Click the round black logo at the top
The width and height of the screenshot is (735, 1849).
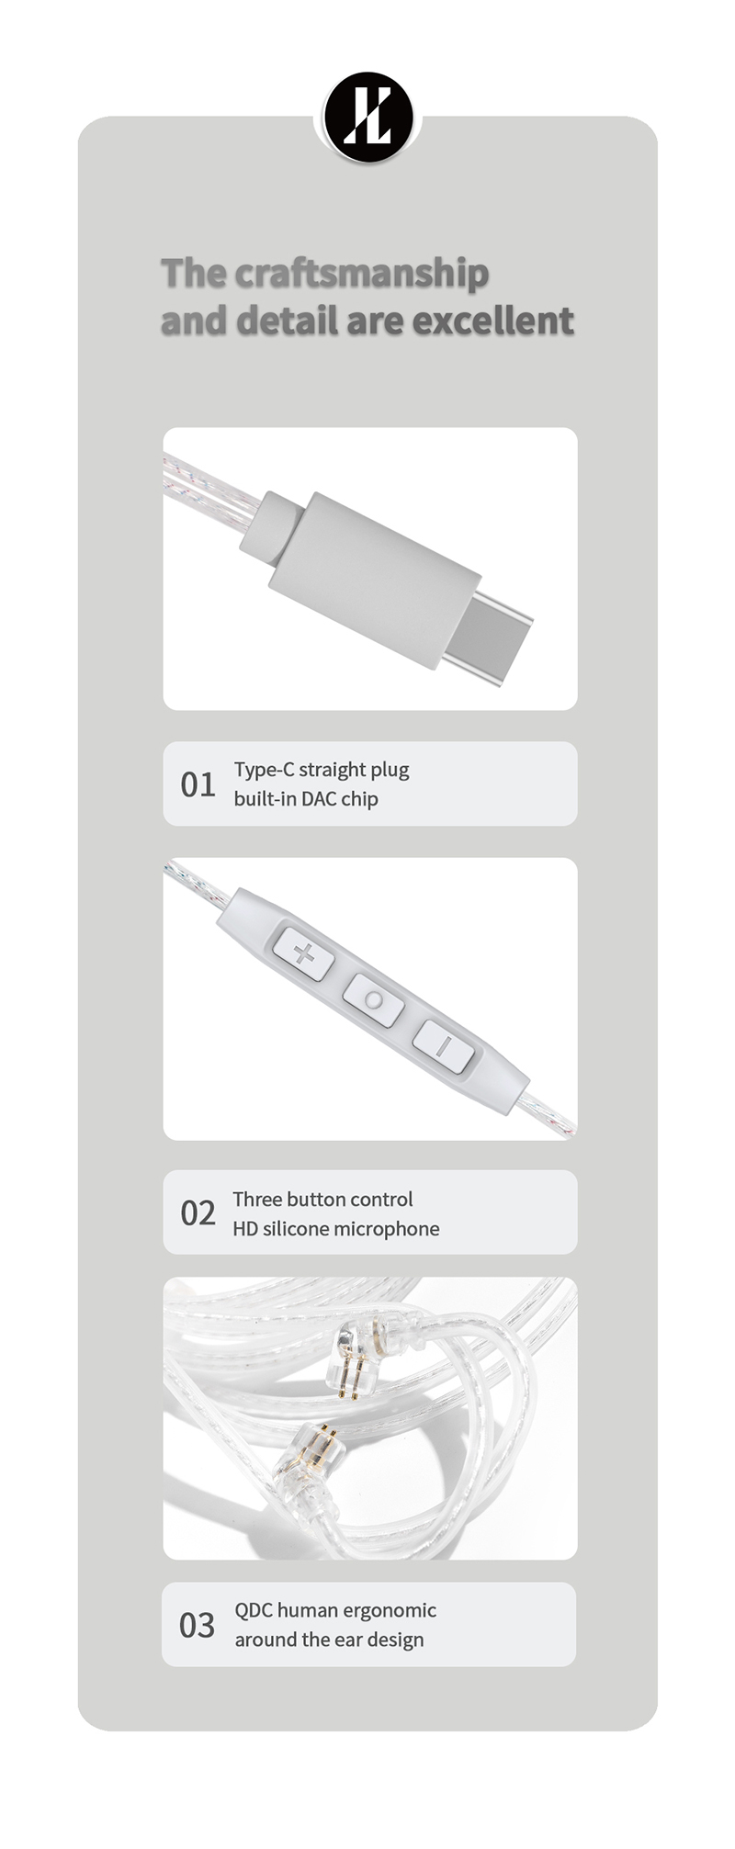[x=368, y=118]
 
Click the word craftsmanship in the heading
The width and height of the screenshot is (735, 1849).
[x=361, y=274]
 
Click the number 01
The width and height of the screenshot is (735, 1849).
[x=198, y=785]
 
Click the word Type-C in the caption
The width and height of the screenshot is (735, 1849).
[x=263, y=770]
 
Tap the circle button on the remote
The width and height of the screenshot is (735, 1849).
[x=373, y=999]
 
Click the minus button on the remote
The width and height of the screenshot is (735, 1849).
[x=443, y=1046]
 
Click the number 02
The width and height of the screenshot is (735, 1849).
[x=198, y=1213]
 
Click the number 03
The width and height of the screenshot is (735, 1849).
[x=197, y=1625]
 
